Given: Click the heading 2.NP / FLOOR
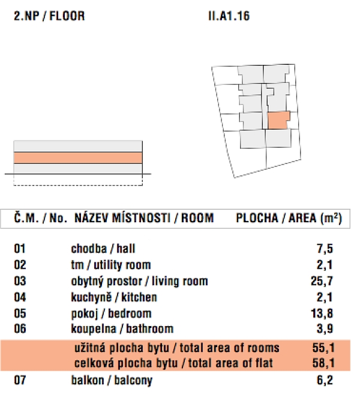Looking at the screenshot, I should pyautogui.click(x=49, y=17).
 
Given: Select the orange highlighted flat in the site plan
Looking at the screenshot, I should pyautogui.click(x=278, y=120).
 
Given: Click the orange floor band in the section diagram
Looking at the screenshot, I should pyautogui.click(x=78, y=157).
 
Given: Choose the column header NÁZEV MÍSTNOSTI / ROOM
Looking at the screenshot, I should pyautogui.click(x=144, y=218).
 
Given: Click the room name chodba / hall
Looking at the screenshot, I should pyautogui.click(x=99, y=249).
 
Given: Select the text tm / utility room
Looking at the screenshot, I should pyautogui.click(x=111, y=265).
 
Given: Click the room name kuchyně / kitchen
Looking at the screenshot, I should pyautogui.click(x=114, y=297).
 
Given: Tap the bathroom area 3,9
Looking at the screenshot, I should pyautogui.click(x=325, y=329).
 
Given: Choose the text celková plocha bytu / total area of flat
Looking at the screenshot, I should pyautogui.click(x=174, y=363).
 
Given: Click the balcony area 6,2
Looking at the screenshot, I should pyautogui.click(x=325, y=380).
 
